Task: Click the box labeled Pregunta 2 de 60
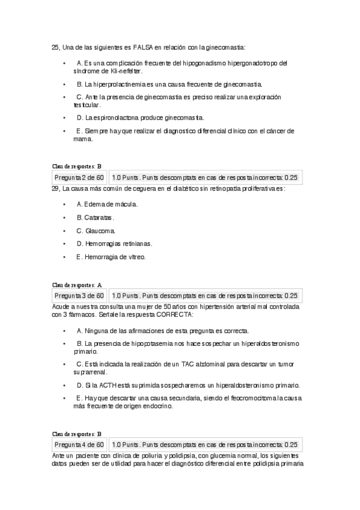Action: click(x=79, y=177)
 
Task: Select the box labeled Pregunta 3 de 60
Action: click(x=79, y=295)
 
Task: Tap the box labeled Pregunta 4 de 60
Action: click(x=79, y=444)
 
